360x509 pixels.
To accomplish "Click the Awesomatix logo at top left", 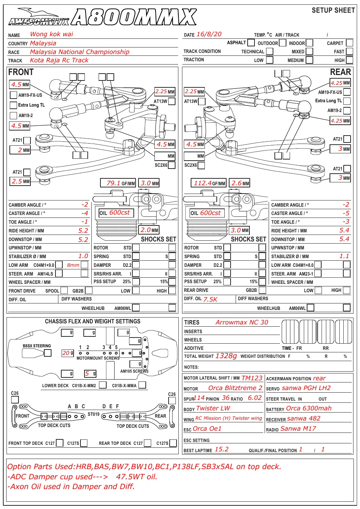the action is pos(39,17).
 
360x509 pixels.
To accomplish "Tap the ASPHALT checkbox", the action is pos(251,42).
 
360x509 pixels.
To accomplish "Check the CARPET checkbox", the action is pos(349,43).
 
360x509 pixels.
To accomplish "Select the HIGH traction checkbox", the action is pos(349,60).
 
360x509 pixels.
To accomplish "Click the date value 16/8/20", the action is pos(209,34).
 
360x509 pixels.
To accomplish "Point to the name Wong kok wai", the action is pos(51,34).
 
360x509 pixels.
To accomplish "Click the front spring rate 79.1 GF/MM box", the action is pos(118,183).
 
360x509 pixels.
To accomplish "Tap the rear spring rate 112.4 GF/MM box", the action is pos(208,183).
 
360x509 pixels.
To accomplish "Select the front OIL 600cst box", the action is pos(116,213).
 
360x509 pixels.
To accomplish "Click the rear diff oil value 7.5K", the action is pos(210,299).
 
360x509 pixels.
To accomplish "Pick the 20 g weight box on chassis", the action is pos(68,353).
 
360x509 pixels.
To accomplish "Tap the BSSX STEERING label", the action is pos(37,345).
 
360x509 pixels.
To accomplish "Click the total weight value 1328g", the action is pos(226,356).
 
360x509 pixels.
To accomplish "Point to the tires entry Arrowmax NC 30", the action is pos(242,322).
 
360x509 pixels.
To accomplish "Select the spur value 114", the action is pos(199,398).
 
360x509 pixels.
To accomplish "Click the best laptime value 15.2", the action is pos(222,449).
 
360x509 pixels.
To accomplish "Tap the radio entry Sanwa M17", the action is pos(298,429).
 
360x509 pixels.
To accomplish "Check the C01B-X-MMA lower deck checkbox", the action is pos(142,385).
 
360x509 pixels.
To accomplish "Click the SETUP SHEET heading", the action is pos(333,10).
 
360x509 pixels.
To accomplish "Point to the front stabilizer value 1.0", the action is pos(83,256).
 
